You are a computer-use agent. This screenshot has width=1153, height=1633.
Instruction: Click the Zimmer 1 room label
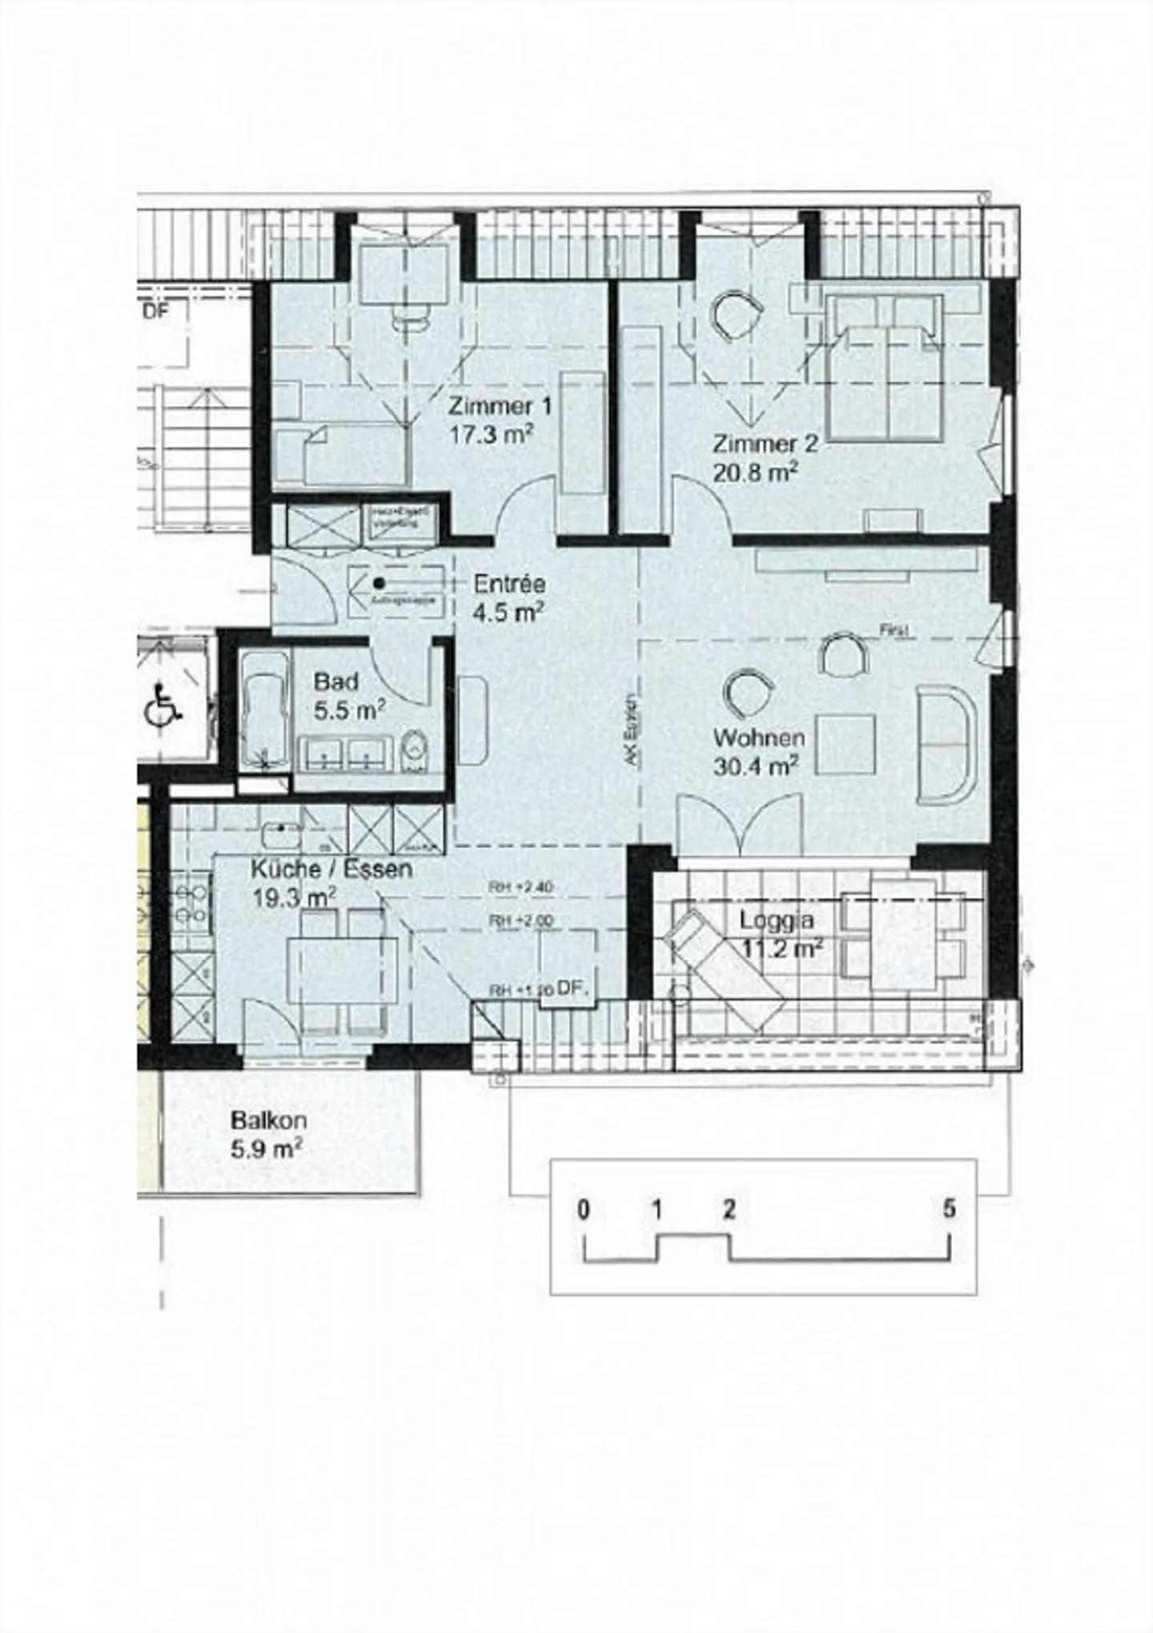coord(500,405)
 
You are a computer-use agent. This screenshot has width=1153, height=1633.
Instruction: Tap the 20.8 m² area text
coord(755,473)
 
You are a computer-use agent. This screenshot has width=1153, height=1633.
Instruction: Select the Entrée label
coord(509,583)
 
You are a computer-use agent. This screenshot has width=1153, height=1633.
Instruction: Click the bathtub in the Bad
coord(265,707)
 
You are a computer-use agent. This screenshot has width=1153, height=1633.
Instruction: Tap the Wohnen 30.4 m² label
coord(757,751)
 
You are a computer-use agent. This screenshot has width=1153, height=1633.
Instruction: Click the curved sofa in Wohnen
coord(947,745)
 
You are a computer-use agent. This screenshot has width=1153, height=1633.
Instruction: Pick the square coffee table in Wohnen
coord(846,744)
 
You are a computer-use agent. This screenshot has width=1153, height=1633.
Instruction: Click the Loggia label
coord(777,920)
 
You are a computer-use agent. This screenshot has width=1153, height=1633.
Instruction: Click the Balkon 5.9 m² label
coord(268,1134)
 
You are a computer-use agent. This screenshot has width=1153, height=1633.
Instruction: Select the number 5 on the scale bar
coord(949,1209)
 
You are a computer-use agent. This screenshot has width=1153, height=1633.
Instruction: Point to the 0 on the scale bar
coord(584,1209)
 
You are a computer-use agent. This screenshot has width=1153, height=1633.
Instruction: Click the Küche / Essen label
coord(331,868)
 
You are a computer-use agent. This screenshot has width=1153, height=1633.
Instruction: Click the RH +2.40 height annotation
coord(521,887)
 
